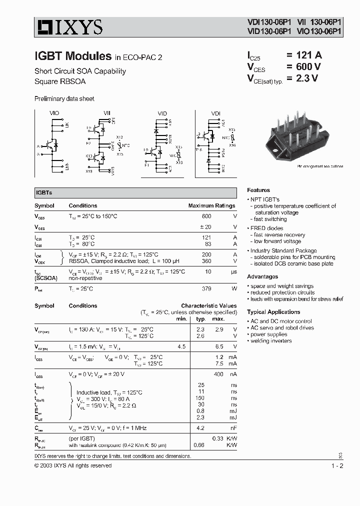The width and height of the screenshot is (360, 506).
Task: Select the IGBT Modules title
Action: [72, 55]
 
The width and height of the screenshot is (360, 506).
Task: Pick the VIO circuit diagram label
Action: [54, 114]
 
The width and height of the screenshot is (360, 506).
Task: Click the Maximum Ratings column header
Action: [211, 205]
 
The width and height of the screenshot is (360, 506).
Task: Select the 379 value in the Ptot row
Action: [206, 288]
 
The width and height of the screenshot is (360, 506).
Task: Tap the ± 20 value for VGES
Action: [206, 227]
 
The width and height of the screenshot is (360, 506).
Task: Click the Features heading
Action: [258, 190]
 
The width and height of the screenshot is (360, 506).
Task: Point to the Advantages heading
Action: [262, 276]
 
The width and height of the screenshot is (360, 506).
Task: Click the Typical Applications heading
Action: [273, 312]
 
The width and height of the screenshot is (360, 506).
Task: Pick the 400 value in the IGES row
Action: [218, 374]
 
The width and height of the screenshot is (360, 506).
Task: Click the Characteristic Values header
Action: [208, 305]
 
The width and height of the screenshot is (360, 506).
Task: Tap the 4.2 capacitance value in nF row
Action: [201, 428]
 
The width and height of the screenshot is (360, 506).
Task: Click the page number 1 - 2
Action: [337, 466]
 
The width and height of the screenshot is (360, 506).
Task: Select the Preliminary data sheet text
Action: [64, 99]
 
